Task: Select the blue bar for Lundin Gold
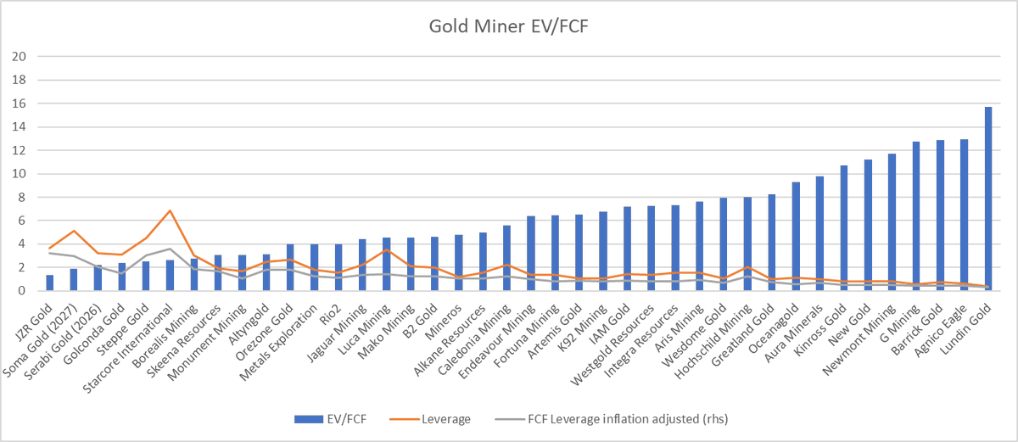tap(988, 199)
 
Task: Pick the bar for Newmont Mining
tap(892, 222)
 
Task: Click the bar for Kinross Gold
tap(844, 227)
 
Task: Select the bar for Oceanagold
tap(796, 236)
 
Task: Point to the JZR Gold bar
tap(49, 283)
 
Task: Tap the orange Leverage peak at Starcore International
tap(170, 210)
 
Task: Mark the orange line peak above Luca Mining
tap(386, 249)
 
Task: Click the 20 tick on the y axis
tap(19, 57)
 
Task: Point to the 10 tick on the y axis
tap(19, 174)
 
